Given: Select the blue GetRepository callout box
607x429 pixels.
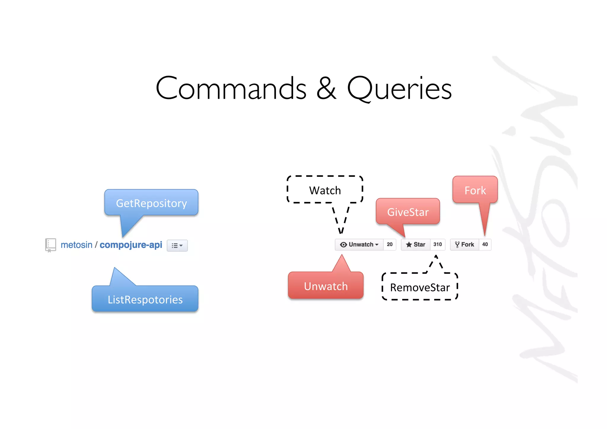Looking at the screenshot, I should (151, 203).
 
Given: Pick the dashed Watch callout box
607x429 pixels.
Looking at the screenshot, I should (325, 190).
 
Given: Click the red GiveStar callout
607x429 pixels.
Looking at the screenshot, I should (408, 212).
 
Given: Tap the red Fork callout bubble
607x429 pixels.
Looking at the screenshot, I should (475, 190).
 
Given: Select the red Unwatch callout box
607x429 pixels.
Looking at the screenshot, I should (326, 286).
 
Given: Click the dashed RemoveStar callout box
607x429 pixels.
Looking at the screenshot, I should (420, 287).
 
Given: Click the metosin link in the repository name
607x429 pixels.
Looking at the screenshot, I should (76, 245).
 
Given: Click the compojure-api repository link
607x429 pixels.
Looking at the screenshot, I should (131, 245).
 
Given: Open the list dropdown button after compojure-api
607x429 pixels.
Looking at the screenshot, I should (177, 245).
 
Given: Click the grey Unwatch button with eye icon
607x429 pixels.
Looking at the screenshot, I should (359, 245).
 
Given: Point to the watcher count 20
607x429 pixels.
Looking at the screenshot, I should (389, 245).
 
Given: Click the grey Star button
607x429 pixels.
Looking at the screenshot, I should (416, 245).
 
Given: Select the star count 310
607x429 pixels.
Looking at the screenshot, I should (437, 245).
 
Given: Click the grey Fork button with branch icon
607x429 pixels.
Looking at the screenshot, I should (464, 245).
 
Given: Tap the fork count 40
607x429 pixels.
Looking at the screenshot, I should (485, 245).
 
